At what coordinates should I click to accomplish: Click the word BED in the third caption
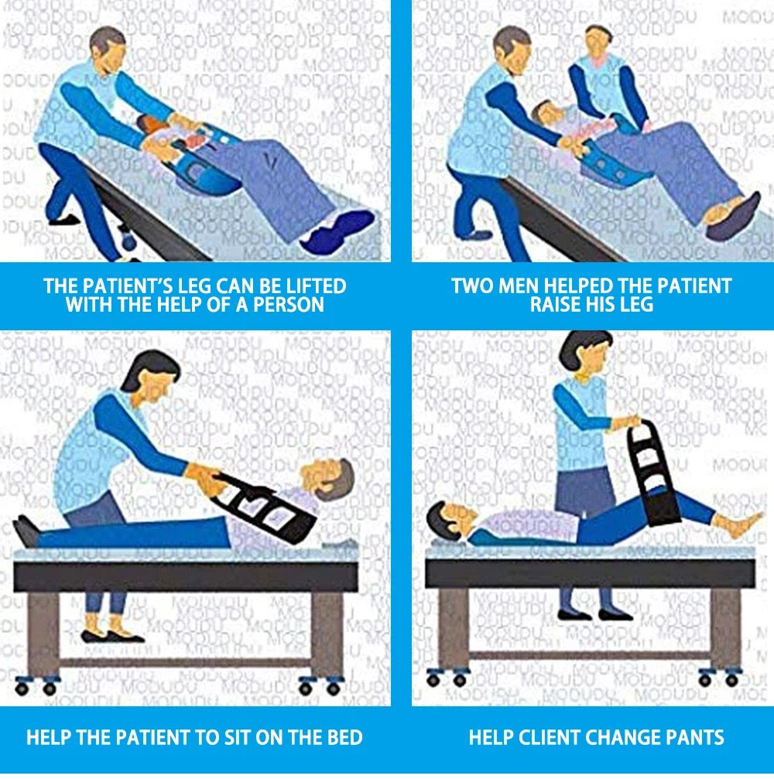[345, 737]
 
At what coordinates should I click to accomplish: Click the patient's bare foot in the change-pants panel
[739, 524]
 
